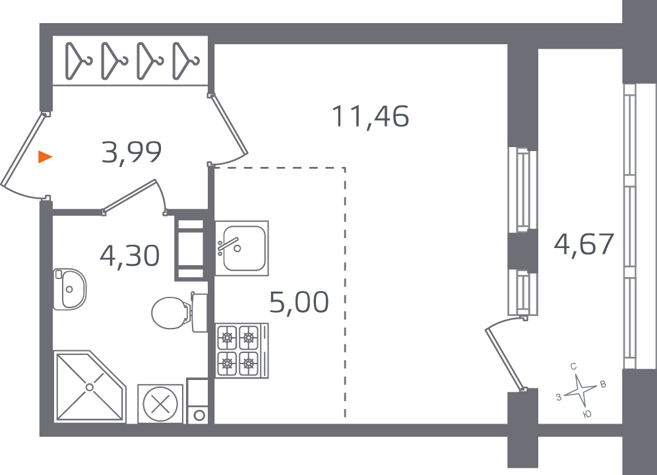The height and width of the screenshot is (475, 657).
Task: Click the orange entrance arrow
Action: tap(45, 157)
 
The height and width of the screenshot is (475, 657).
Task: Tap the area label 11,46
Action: tap(371, 117)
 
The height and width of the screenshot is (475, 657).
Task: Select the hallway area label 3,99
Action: tap(131, 152)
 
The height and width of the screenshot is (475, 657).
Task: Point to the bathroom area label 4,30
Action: tap(130, 256)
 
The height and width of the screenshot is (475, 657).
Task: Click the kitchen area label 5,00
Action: tap(299, 302)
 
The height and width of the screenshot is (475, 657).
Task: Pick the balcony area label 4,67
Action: tap(584, 244)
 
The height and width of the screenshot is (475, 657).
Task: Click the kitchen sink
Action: tap(242, 248)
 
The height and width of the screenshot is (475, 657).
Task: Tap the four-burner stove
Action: tap(242, 350)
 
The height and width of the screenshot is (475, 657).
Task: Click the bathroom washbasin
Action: tap(69, 289)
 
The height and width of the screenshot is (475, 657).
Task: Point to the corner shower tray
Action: tap(90, 387)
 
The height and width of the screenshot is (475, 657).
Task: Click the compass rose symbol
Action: tap(580, 391)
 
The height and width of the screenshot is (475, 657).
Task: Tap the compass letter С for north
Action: tap(573, 366)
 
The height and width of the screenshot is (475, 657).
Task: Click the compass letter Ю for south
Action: tap(587, 414)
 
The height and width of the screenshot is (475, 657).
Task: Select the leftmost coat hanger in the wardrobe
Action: tap(78, 61)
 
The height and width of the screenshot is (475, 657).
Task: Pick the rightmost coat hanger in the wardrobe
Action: tap(185, 61)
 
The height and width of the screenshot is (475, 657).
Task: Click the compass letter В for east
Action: tap(603, 385)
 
